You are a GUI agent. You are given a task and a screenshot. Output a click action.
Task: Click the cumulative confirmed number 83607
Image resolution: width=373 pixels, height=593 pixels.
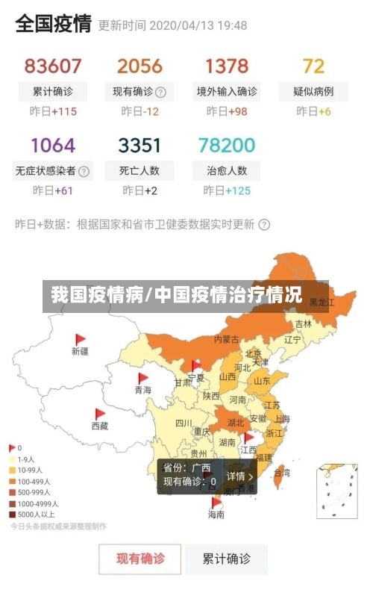[53, 66]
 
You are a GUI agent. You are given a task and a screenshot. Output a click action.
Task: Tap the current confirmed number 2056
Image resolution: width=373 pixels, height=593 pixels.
[140, 66]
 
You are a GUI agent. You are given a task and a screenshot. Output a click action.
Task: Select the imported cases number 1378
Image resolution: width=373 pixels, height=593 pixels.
[227, 66]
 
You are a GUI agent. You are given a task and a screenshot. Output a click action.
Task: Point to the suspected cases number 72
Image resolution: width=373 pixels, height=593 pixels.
[313, 66]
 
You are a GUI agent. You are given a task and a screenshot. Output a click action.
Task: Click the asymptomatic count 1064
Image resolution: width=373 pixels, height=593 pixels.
[53, 144]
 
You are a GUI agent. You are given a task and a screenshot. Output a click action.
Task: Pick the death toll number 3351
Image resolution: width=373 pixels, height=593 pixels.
[140, 144]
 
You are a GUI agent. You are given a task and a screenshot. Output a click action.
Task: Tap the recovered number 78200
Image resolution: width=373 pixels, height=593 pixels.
[227, 144]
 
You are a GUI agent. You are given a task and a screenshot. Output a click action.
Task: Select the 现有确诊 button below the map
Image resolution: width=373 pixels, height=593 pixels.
[140, 558]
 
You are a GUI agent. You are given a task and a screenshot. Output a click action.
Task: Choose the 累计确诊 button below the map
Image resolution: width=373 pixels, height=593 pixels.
[228, 558]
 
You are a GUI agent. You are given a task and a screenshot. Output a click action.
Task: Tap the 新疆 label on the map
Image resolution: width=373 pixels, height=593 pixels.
[80, 350]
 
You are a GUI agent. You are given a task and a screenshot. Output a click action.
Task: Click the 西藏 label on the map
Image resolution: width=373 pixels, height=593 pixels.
[99, 426]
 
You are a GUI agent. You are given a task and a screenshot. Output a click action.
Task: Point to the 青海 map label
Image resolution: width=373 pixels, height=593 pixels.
[142, 390]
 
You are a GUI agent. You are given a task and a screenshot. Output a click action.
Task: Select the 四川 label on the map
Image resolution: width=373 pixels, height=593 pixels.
[184, 423]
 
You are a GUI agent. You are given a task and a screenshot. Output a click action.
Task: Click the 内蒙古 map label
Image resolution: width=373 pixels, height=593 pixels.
[227, 339]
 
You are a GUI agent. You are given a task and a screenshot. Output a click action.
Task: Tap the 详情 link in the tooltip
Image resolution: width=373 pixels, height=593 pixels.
[239, 476]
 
